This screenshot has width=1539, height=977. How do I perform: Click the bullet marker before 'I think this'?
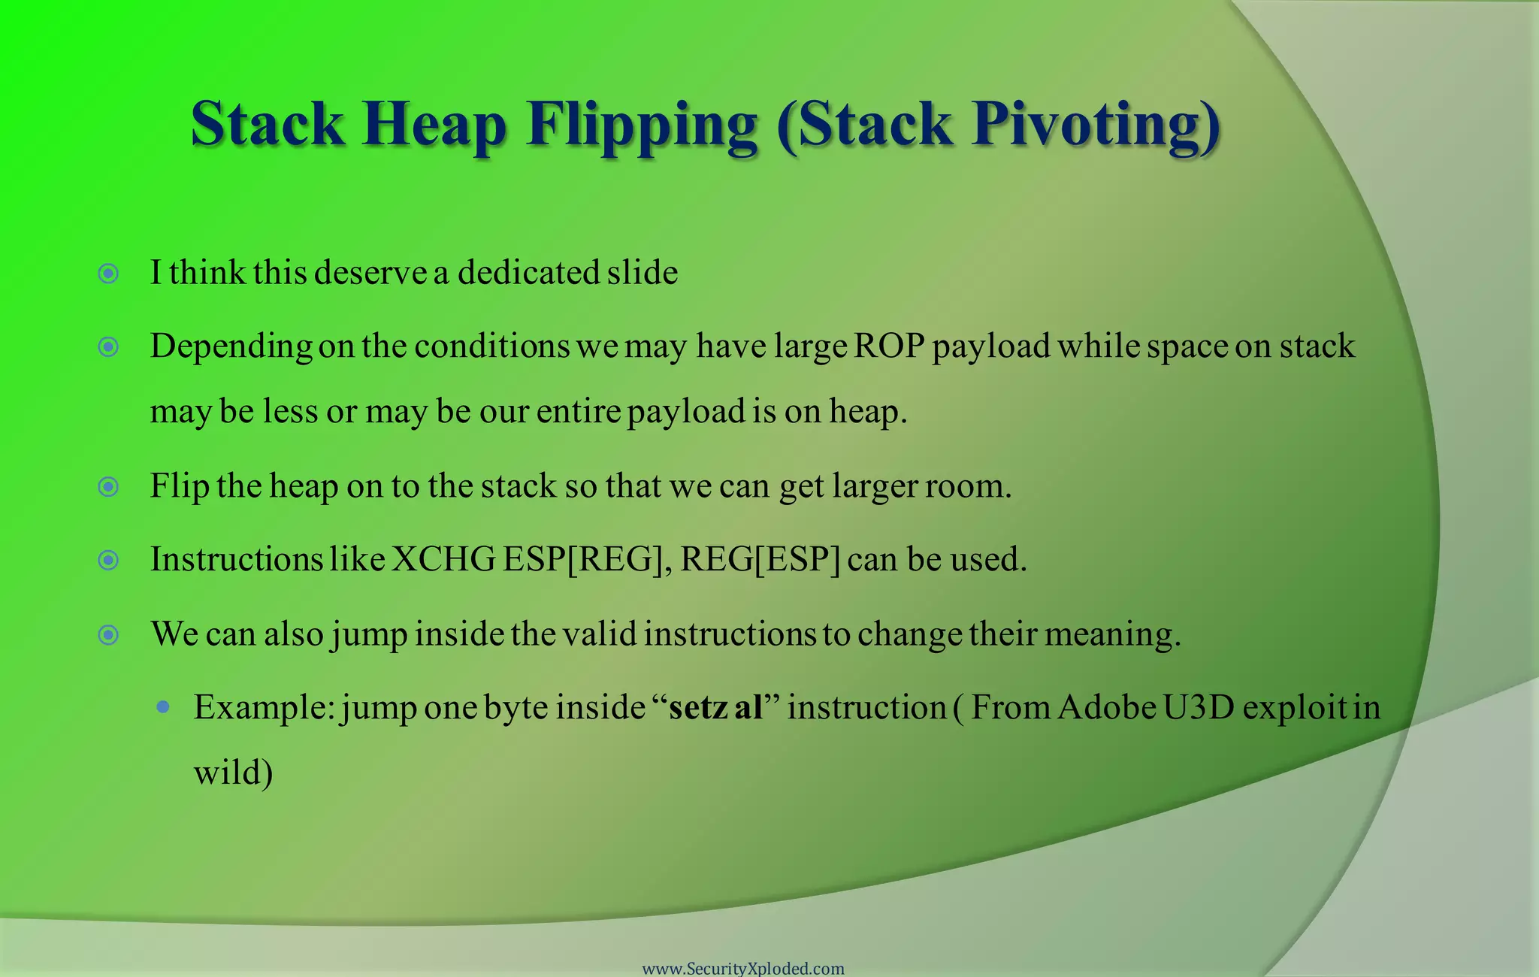109,274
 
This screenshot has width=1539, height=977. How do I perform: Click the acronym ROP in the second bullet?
889,346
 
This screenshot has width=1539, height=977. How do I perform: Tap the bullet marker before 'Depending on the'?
109,346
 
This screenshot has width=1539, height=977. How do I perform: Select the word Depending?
231,347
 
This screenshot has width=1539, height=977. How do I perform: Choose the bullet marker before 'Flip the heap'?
109,487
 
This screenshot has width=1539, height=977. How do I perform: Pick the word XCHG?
443,559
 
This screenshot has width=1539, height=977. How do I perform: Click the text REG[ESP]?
760,560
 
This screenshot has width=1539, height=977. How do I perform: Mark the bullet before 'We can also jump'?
109,635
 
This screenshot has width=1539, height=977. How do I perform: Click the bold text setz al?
715,707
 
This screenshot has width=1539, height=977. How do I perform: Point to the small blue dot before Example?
163,707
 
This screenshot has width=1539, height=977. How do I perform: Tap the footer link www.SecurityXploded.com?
743,968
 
